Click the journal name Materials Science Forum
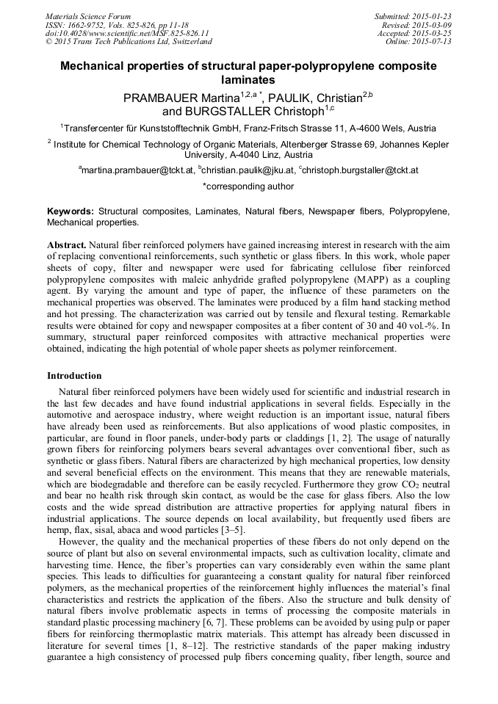pyautogui.click(x=87, y=16)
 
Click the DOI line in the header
pyautogui.click(x=126, y=33)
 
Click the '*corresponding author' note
pyautogui.click(x=248, y=187)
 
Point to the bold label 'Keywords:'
pyautogui.click(x=71, y=211)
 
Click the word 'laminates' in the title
pyautogui.click(x=248, y=80)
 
